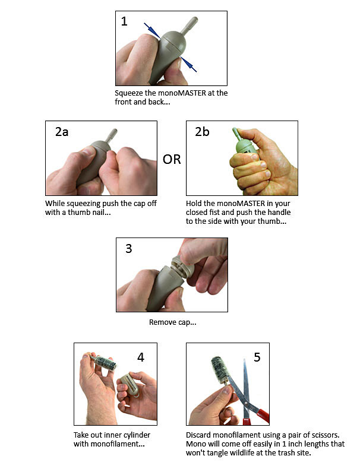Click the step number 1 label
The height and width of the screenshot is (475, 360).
coord(124,22)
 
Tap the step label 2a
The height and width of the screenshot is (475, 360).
coord(62,132)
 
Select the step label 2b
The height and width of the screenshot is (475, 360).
coord(203,132)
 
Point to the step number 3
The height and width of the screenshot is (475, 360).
coord(129,248)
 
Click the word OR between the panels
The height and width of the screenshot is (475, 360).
coord(172,160)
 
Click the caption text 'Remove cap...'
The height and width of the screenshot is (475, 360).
coord(172,322)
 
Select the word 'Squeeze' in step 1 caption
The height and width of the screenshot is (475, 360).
coord(130,93)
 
